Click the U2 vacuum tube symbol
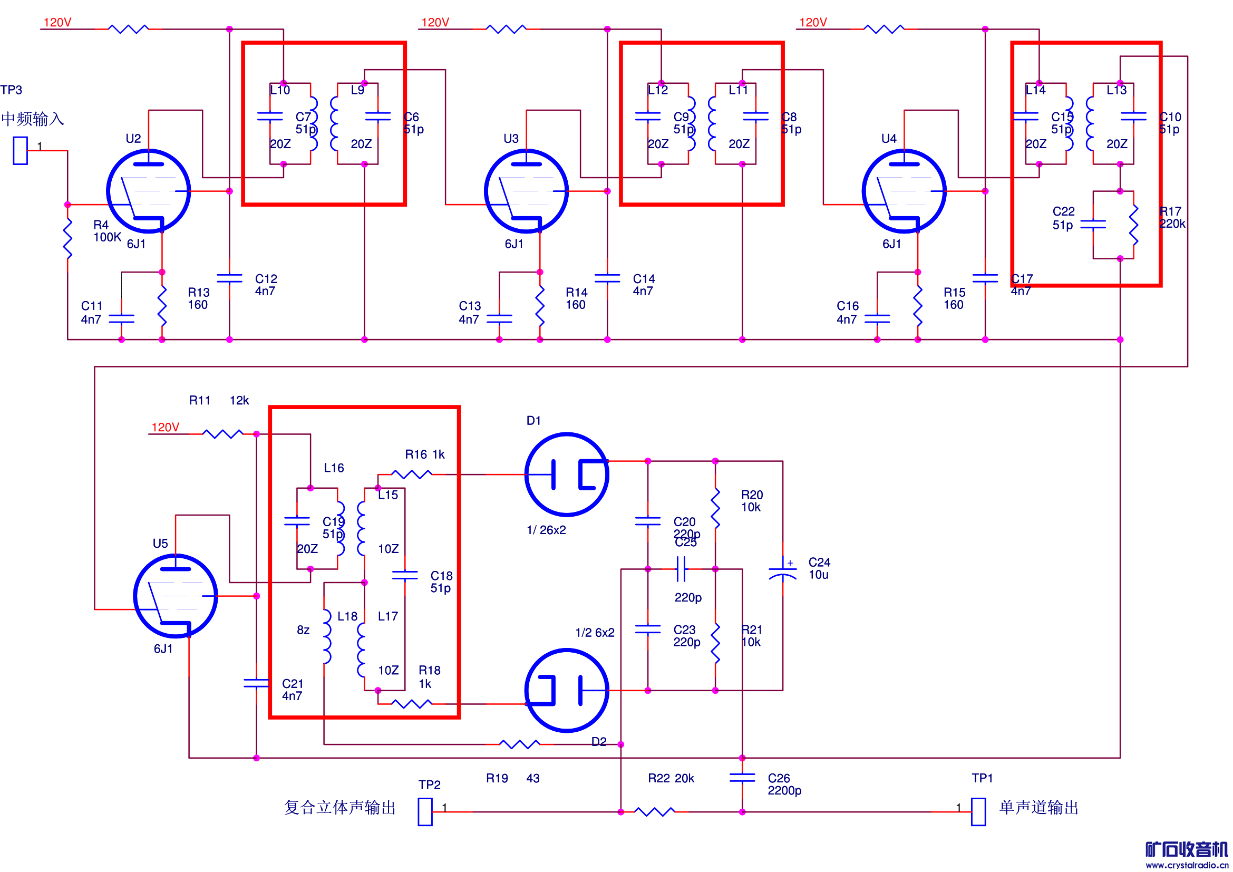click(x=148, y=191)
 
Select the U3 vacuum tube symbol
click(x=526, y=191)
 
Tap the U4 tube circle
click(x=905, y=191)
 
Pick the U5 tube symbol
click(x=176, y=596)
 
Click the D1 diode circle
click(x=567, y=474)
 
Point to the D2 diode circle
click(x=567, y=691)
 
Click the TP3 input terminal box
click(x=21, y=150)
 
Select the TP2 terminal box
click(x=425, y=812)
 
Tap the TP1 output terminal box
click(x=978, y=812)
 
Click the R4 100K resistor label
click(x=107, y=231)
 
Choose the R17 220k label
click(x=1172, y=217)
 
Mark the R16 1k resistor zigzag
click(x=411, y=474)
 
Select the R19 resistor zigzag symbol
click(x=519, y=744)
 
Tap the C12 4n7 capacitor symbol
click(x=229, y=278)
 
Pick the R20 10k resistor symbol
click(x=715, y=508)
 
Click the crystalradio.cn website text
click(x=1187, y=865)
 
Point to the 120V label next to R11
click(x=166, y=428)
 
